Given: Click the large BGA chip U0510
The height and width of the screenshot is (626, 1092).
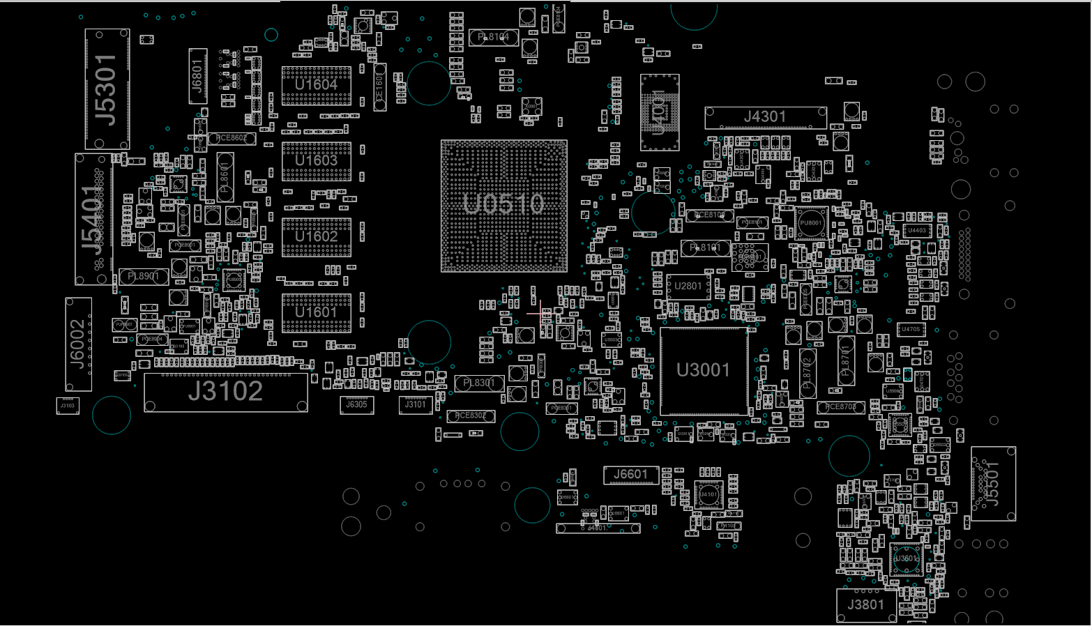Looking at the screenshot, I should pos(503,205).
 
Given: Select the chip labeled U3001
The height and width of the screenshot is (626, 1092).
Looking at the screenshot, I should pos(703,371).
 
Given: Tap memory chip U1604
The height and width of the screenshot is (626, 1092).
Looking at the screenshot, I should pos(316,85).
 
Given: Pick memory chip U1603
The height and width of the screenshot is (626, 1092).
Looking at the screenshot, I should pos(316,161).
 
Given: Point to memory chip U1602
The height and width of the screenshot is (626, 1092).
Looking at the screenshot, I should pos(316,237).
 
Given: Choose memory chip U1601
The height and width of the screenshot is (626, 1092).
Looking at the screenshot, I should pos(316,312).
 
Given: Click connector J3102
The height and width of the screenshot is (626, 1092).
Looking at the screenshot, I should pos(225,392).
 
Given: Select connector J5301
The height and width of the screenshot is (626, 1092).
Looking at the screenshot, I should pos(107,89).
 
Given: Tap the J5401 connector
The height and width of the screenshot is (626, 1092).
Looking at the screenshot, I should pos(93,219).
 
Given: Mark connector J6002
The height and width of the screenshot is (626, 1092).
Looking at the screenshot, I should pos(78,344).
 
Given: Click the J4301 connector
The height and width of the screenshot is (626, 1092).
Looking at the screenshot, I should pos(765,118).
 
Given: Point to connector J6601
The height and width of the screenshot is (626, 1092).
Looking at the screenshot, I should pos(630,475).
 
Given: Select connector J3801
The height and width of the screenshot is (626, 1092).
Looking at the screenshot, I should pos(866,605).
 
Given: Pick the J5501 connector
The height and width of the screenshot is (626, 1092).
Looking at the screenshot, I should pos(993,484).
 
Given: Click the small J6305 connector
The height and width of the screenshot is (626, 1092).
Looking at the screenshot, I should pos(356,405).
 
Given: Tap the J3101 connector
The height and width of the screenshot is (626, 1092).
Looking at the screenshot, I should pos(415,405).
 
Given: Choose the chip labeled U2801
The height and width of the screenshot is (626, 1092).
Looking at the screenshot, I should pos(688,287).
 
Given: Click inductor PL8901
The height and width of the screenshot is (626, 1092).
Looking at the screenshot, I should pos(144,277).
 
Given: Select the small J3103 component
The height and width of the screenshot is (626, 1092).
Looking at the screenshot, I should pos(68,406).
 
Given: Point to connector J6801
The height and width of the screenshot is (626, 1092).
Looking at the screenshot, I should pos(198,76).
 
